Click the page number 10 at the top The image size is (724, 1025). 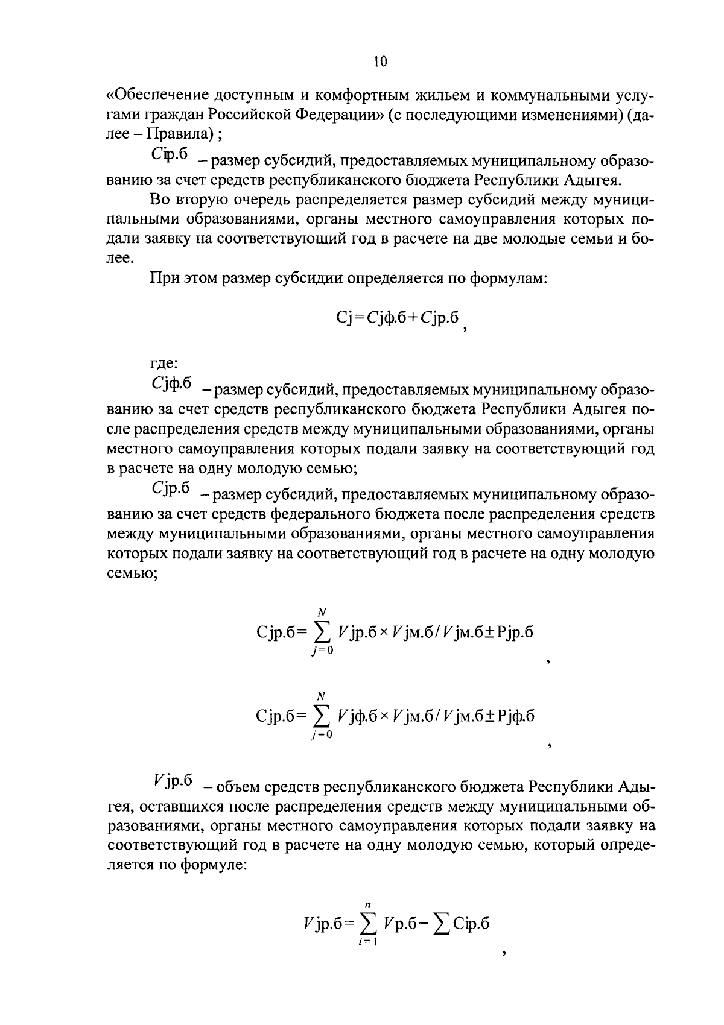click(380, 61)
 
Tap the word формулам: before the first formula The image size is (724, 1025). click(509, 279)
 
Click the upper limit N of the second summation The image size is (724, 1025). click(322, 695)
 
